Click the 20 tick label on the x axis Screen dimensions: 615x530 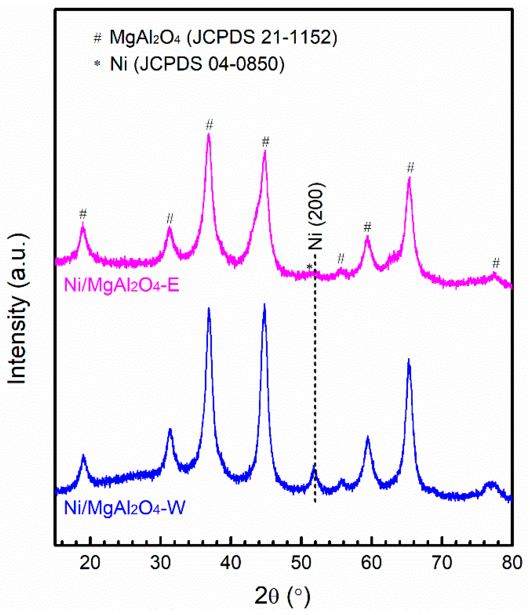click(90, 563)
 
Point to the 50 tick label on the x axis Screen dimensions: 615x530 click(301, 563)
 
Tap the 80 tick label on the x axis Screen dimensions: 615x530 click(512, 563)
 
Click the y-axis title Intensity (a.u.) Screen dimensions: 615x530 click(18, 309)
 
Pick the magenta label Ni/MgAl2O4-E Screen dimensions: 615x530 click(122, 285)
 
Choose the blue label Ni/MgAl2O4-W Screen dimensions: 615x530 click(125, 508)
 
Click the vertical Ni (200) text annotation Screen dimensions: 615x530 click(316, 216)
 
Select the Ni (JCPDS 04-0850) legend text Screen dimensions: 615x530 click(197, 64)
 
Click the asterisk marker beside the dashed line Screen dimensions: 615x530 click(309, 267)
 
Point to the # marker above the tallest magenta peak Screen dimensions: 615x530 click(209, 125)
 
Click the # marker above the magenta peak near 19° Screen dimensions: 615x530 click(83, 213)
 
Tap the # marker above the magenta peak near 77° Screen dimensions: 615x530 click(496, 263)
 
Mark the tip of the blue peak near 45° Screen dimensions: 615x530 click(264, 305)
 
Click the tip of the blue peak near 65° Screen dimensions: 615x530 click(408, 360)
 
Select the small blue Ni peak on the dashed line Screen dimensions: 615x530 click(314, 467)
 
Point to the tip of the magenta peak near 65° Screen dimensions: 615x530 click(409, 178)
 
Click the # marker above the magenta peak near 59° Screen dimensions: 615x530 click(367, 227)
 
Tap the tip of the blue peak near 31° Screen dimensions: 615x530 click(170, 429)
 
